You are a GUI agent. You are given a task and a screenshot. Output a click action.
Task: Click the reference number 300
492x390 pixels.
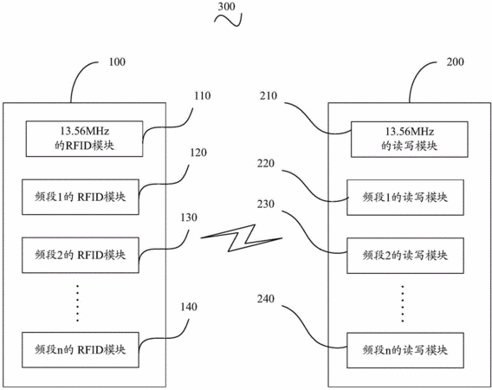pos(227,7)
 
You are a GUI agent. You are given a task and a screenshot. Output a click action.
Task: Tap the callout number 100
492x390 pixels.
pos(117,62)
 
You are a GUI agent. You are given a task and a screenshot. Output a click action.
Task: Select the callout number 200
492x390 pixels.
pos(456,62)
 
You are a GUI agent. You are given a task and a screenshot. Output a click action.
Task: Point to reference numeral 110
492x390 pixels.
pos(203,95)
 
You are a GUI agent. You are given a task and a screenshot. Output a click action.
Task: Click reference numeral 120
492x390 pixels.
pos(198,153)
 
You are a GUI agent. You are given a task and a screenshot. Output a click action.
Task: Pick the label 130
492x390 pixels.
pos(189,218)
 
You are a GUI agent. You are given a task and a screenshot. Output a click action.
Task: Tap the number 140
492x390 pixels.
pos(189,307)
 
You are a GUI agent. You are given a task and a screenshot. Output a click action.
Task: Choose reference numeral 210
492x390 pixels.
pos(269,95)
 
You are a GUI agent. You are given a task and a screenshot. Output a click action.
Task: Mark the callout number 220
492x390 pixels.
pos(266,163)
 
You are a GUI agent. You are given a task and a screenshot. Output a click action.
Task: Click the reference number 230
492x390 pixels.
pos(266,205)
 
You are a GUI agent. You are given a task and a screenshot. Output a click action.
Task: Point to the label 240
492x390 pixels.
pos(266,299)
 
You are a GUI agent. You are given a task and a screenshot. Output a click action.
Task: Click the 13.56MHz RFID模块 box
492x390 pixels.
pos(84,139)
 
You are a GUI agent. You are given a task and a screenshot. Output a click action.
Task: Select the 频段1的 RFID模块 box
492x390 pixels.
pos(81,198)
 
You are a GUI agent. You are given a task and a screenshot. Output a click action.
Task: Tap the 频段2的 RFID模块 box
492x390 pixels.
pos(81,255)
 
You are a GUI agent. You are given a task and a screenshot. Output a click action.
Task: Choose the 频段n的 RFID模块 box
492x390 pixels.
pos(81,350)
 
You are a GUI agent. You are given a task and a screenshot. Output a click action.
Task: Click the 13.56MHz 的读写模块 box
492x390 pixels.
pos(410,140)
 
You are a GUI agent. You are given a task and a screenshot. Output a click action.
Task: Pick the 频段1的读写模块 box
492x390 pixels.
pos(405,198)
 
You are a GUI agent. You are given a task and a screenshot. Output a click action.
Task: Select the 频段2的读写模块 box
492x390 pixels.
pos(405,256)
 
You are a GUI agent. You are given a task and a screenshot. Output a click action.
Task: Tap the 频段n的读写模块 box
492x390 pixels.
pos(405,350)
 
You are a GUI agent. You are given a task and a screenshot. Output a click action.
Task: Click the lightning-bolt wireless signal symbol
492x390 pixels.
pos(242,238)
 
